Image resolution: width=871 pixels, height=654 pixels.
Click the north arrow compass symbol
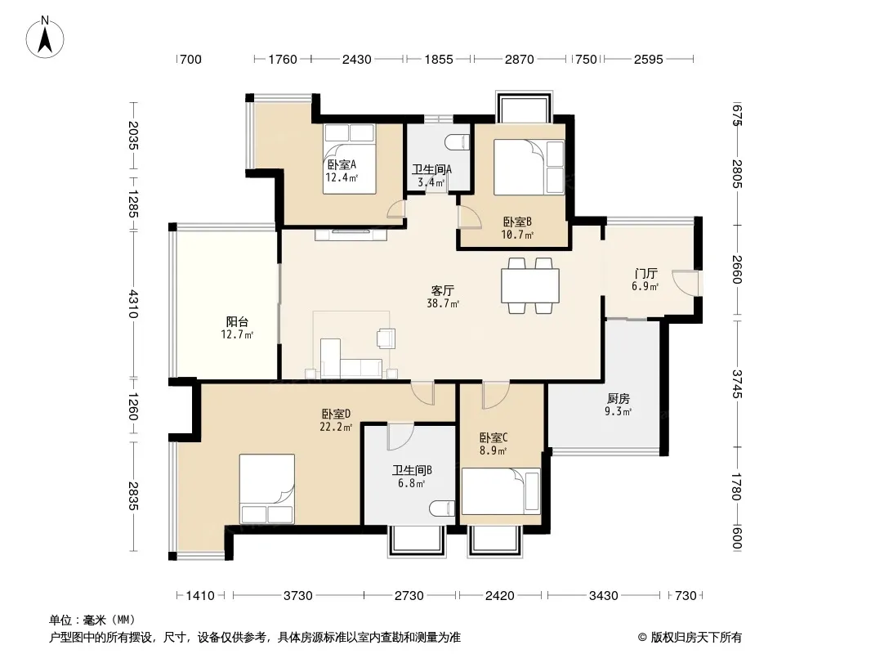45,37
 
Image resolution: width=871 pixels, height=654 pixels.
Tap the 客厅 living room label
443,290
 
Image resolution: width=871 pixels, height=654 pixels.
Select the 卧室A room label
342,165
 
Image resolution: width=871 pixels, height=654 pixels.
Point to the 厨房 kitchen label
619,398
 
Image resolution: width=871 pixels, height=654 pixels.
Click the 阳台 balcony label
237,322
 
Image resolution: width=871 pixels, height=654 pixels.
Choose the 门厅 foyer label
645,273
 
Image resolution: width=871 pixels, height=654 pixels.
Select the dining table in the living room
530,285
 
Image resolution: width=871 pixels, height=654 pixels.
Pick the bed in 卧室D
267,489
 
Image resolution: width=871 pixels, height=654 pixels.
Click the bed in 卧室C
501,491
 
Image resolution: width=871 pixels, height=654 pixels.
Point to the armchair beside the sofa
386,338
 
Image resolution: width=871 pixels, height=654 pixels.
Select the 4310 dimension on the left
132,303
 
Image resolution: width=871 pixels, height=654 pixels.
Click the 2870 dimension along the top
520,59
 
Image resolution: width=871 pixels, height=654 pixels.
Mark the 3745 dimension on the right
736,384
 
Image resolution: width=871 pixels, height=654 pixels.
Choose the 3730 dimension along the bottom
298,596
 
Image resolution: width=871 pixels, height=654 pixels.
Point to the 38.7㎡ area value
443,304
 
